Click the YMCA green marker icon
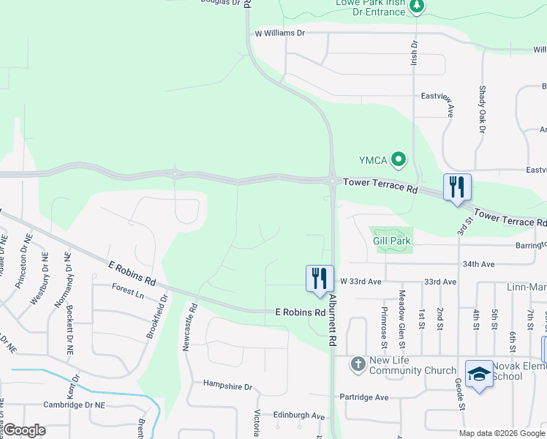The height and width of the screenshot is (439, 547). tap(399, 159)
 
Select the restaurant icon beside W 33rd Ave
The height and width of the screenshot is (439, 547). tap(320, 278)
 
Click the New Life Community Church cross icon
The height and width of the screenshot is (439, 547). tap(358, 364)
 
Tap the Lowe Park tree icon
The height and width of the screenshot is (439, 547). tap(416, 7)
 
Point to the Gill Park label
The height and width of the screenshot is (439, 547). tap(392, 241)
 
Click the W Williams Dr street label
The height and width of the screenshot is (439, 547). tap(279, 33)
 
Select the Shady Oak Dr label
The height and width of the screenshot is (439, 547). tap(483, 109)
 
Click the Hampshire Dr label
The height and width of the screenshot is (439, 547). tap(227, 386)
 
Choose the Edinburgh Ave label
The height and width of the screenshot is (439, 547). tap(298, 416)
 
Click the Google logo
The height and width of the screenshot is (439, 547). tap(23, 430)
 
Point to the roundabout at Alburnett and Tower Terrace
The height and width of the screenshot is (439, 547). tap(332, 180)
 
